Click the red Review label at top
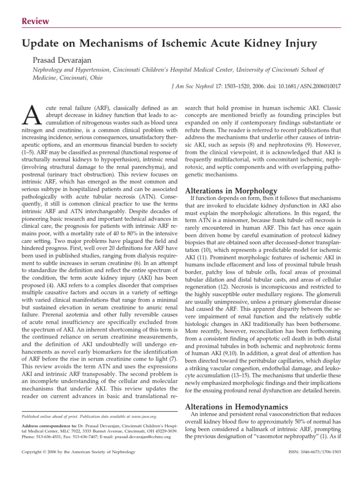point(36,21)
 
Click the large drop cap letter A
point(29,113)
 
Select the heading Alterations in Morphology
point(231,191)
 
